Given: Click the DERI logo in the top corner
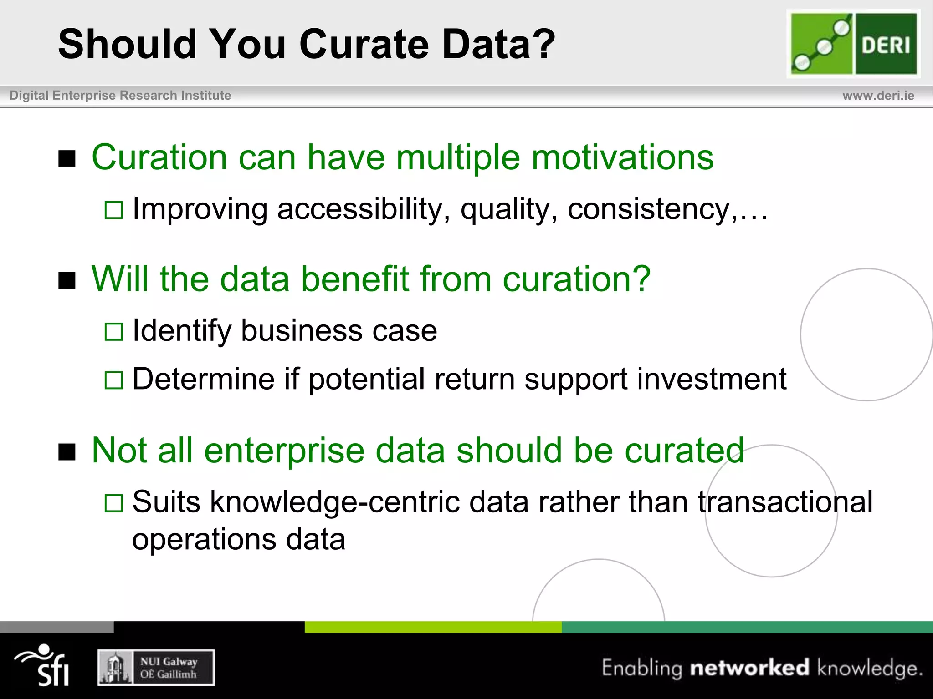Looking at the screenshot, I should (853, 44).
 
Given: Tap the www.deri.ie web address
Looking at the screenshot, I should (878, 96).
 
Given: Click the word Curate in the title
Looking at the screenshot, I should (364, 44).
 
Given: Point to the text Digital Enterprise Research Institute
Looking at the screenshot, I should (120, 96).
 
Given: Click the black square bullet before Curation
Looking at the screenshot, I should (67, 159).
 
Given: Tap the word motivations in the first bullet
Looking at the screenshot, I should (622, 157).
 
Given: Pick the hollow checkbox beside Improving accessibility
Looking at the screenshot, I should (113, 210).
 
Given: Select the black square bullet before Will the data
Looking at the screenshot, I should (67, 280).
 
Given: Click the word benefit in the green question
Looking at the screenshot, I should (355, 279).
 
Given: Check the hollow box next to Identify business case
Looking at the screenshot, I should (113, 332).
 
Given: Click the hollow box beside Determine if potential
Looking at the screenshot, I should (113, 380).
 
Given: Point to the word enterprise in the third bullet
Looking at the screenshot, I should (284, 451).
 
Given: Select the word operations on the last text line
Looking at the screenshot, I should (204, 540).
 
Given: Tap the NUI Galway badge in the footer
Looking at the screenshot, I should (156, 667).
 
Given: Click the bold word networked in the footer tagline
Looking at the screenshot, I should (749, 668).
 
